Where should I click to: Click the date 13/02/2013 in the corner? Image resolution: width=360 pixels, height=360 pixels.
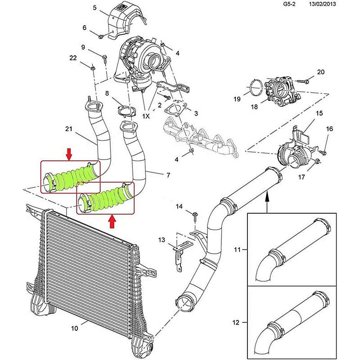pos(322,4)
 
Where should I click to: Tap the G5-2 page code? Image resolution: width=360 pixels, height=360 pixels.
pos(289,4)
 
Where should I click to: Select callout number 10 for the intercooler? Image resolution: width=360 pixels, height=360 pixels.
pos(75,328)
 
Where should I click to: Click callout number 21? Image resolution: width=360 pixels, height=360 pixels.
pos(69,129)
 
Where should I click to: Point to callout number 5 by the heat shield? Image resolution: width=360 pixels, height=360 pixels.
pos(94,8)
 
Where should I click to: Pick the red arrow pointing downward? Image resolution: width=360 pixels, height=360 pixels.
pos(69,154)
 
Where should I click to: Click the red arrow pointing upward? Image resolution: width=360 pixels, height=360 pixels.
pos(112,221)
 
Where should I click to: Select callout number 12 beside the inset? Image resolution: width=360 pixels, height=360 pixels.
pos(236,322)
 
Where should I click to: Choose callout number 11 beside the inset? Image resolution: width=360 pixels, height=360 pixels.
pos(237,249)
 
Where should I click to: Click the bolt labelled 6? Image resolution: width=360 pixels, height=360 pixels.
pos(101,36)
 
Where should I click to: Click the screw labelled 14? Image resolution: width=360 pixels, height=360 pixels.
pos(195,217)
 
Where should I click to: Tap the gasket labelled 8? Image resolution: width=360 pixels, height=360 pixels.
pos(126,111)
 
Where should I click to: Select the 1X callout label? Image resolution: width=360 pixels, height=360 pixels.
pos(146,116)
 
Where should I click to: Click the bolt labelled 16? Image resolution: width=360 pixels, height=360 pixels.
pos(323,152)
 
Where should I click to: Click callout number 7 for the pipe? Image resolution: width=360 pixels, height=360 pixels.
pos(168,175)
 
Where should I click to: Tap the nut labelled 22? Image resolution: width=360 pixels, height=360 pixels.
pos(93,68)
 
